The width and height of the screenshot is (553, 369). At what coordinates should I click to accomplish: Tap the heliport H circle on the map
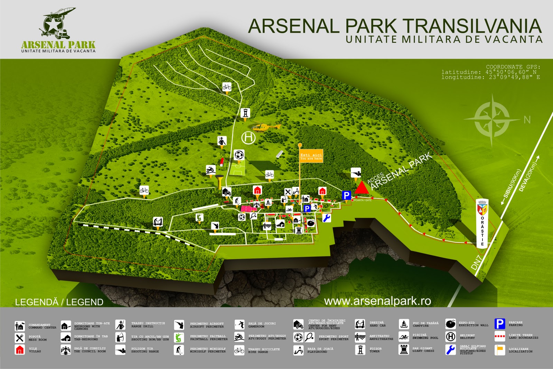248,138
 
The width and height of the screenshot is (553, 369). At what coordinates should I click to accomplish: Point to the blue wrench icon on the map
327,218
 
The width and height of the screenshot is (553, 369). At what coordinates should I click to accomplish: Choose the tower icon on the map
245,112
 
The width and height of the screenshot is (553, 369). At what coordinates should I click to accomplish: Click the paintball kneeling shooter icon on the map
199,217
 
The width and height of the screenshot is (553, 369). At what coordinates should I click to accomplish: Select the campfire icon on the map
268,202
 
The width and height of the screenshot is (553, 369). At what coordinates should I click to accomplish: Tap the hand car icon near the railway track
158,221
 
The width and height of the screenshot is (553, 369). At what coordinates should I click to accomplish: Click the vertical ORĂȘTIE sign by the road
482,223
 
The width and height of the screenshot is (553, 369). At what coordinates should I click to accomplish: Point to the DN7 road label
476,262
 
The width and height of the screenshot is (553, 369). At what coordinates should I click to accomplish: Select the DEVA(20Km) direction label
529,177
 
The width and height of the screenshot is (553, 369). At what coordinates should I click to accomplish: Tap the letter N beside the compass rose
527,120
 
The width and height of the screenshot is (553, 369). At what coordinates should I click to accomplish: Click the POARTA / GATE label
363,200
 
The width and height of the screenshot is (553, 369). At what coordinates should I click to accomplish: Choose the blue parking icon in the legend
500,324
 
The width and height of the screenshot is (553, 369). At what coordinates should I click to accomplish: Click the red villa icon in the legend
20,350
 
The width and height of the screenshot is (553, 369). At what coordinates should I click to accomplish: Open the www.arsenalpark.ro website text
377,301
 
